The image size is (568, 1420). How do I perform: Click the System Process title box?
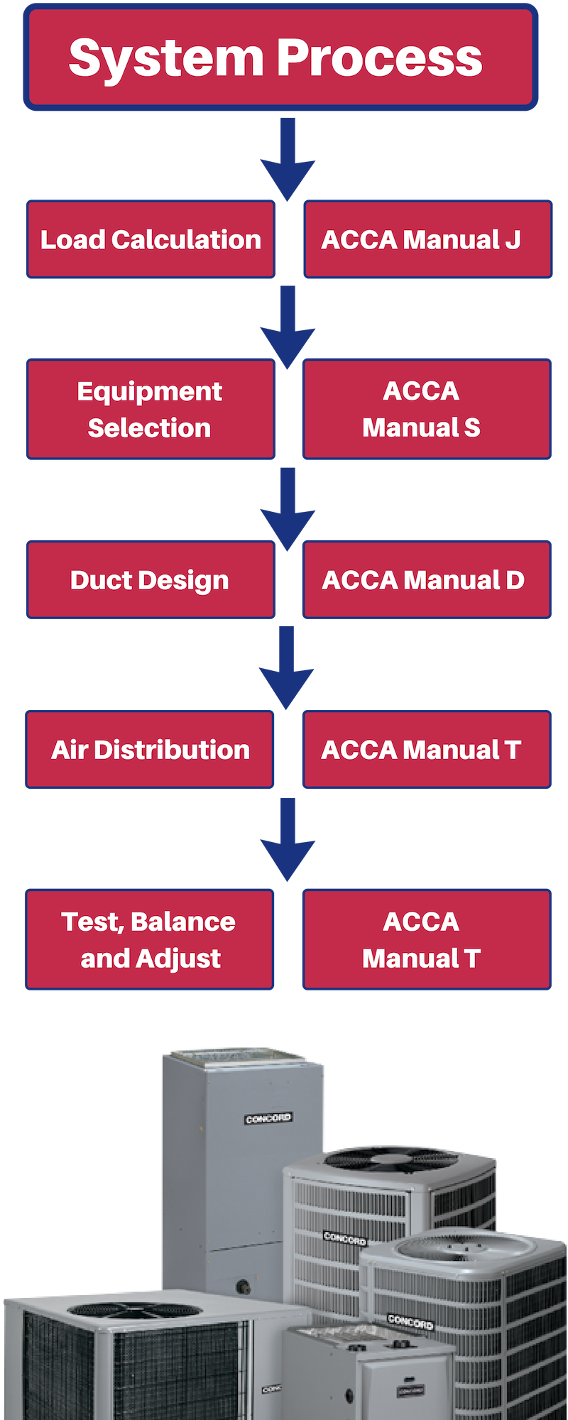280,57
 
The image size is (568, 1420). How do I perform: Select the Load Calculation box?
151,239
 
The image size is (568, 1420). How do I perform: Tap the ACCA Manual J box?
427,239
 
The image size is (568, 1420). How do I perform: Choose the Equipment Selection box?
151,409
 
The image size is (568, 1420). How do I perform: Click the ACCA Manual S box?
427,409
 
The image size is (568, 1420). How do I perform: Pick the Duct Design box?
151,579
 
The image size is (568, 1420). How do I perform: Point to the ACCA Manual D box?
427,579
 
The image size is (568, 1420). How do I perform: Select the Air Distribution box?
150,749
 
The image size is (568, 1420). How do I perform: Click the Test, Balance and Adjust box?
150,939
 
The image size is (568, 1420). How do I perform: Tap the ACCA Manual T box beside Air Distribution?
427,749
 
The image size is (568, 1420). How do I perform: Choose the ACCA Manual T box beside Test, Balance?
427,939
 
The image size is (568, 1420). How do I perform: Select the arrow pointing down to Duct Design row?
288,508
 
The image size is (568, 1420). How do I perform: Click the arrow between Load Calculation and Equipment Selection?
288,327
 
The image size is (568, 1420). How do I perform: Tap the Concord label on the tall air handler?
268,1118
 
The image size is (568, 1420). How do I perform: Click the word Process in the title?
379,58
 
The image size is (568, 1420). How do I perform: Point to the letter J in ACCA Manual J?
512,240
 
